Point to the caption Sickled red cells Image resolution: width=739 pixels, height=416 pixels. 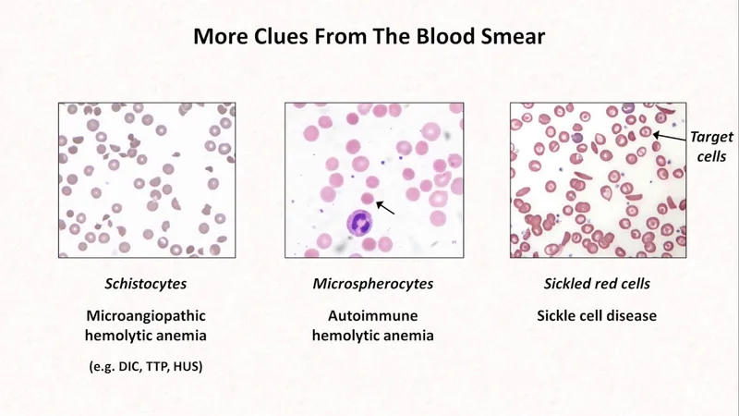[596, 283]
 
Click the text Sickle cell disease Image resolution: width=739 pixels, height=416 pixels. [596, 316]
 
